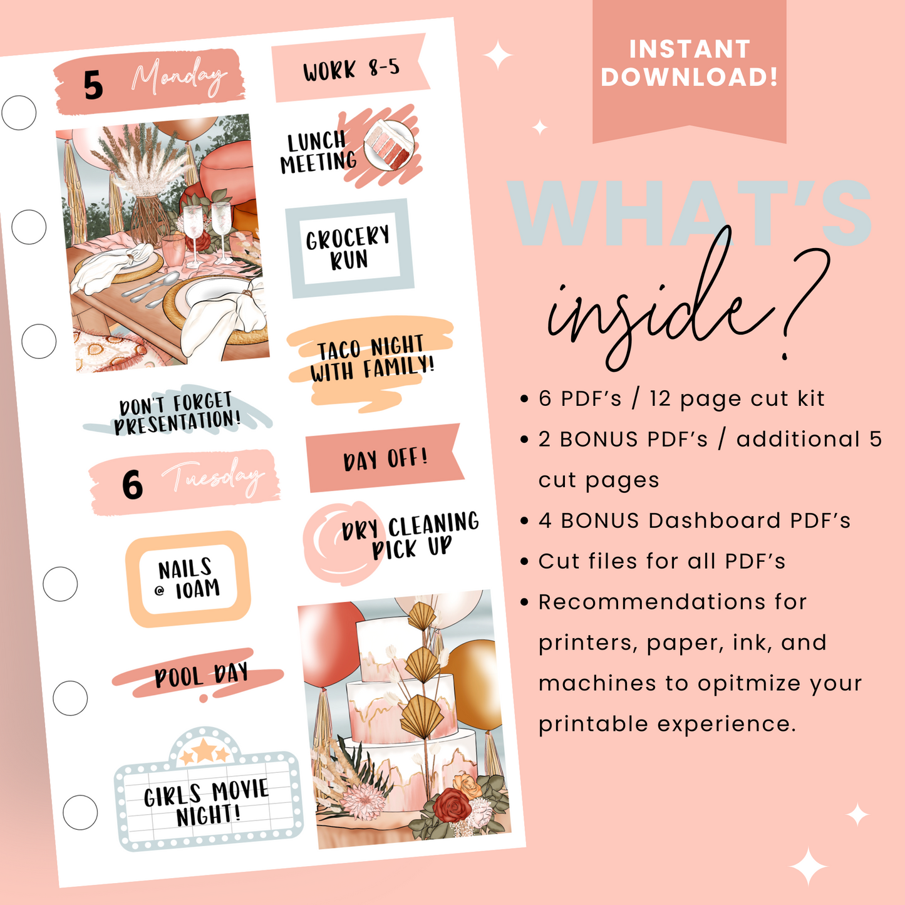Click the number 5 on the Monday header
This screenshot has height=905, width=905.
[x=93, y=85]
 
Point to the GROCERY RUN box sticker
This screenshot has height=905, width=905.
[x=349, y=248]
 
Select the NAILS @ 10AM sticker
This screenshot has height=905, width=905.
[x=188, y=579]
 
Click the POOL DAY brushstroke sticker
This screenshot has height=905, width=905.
[x=200, y=675]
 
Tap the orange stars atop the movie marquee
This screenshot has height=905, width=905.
[x=205, y=752]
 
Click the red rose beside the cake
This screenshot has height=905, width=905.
[x=452, y=804]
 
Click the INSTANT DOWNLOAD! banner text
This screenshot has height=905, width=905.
[x=689, y=63]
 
